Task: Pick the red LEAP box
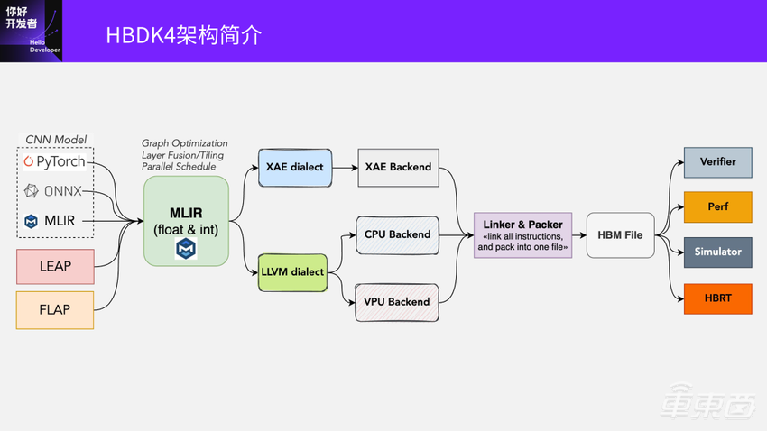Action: [55, 266]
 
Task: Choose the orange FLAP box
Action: [55, 309]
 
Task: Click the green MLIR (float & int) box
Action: [186, 220]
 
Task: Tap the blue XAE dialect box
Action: [294, 167]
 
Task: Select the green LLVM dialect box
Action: [292, 271]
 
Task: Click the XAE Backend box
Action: [398, 167]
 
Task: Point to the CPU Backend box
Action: [397, 234]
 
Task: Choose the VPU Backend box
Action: [397, 301]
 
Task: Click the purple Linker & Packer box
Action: [522, 234]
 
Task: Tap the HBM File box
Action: [620, 234]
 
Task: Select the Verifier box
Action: [717, 162]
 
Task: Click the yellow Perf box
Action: [717, 206]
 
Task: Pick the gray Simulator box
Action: [717, 252]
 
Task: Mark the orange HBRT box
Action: [717, 298]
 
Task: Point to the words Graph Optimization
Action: [185, 143]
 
